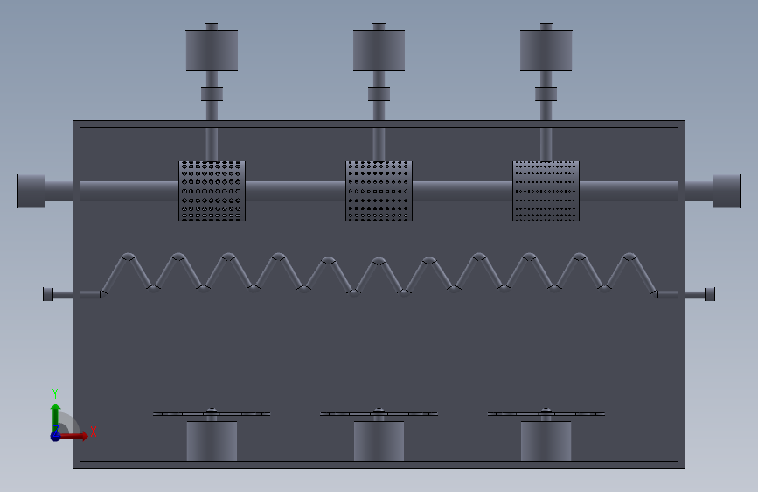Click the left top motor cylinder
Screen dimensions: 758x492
tap(212, 51)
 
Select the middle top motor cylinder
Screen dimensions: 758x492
tap(379, 51)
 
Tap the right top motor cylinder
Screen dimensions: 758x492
tap(546, 51)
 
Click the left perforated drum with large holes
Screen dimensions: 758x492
tap(212, 191)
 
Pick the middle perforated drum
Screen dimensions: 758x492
tap(379, 191)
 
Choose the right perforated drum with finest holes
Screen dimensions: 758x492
tap(546, 191)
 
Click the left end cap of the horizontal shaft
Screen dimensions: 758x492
tap(31, 191)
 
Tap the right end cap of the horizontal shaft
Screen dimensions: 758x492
tap(727, 191)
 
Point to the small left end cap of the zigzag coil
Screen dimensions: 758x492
tap(48, 294)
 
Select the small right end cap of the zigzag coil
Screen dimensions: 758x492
tap(710, 294)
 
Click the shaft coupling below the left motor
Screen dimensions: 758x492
tap(212, 94)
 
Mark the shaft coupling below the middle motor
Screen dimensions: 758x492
tap(379, 94)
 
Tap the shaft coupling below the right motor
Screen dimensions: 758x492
tap(546, 94)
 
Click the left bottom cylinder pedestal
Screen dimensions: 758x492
tap(212, 441)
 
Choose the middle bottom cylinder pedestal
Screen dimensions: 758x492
tap(379, 441)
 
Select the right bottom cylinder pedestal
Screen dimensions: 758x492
tap(546, 441)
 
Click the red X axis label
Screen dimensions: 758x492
tap(94, 432)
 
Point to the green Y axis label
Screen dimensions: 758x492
tap(55, 394)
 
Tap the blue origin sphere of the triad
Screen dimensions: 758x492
tap(56, 436)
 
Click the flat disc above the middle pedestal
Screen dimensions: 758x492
tap(379, 414)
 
